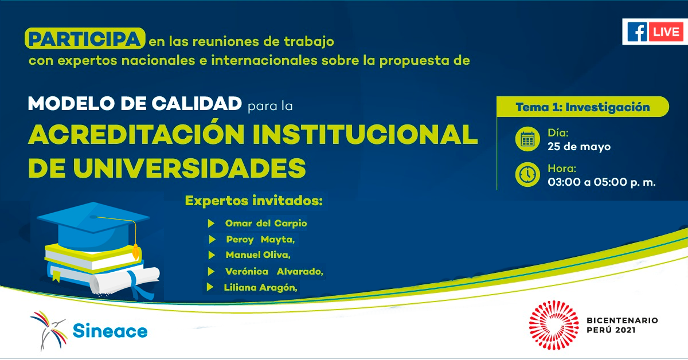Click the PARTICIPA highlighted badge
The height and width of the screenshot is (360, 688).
point(85,38)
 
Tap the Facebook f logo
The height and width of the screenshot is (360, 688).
point(637,32)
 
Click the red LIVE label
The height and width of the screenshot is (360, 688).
point(666,32)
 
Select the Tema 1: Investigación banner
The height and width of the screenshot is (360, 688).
point(583,107)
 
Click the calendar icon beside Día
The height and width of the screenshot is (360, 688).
point(527,139)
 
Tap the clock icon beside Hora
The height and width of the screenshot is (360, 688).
point(527,174)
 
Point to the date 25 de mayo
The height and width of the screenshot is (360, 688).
point(579,147)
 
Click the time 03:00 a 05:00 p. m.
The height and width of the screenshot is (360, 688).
point(601,182)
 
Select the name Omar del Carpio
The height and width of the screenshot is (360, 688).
point(266,224)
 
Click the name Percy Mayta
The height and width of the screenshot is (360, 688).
point(260,240)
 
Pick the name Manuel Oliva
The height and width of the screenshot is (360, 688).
point(258,255)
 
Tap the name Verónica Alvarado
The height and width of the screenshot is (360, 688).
point(274,272)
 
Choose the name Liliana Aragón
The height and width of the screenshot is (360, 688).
point(260,288)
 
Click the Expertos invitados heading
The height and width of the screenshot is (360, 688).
point(254,201)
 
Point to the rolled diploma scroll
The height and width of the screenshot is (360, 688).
point(124,281)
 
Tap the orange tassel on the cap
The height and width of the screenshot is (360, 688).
point(135,252)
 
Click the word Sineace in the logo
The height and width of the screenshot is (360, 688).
point(110,331)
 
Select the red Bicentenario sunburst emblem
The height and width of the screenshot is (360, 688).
point(554,325)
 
